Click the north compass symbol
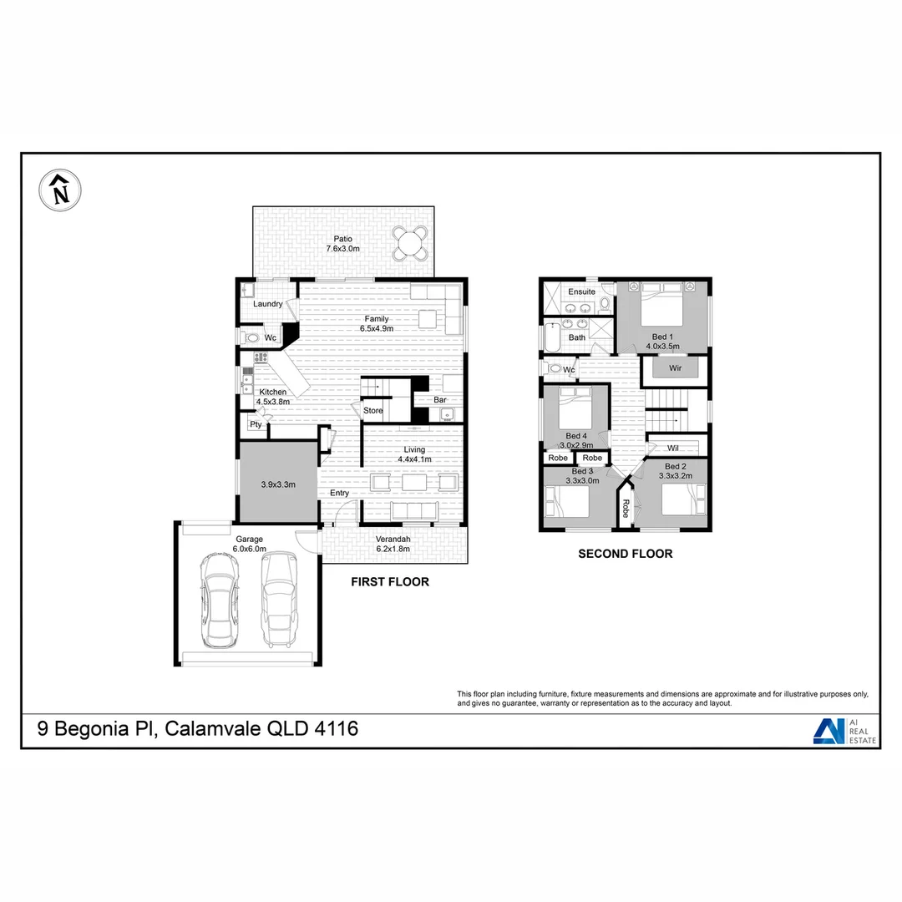(x=59, y=192)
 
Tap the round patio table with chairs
(x=410, y=245)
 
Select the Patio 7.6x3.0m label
(x=342, y=244)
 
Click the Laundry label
(x=267, y=304)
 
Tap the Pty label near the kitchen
(x=256, y=424)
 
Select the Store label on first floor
(x=372, y=411)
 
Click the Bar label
(x=439, y=400)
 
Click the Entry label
(x=339, y=494)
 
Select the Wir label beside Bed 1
(x=676, y=367)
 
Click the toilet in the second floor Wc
(x=554, y=368)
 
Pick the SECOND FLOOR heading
(x=625, y=554)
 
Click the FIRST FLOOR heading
(x=389, y=582)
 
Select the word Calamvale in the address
(x=211, y=728)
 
